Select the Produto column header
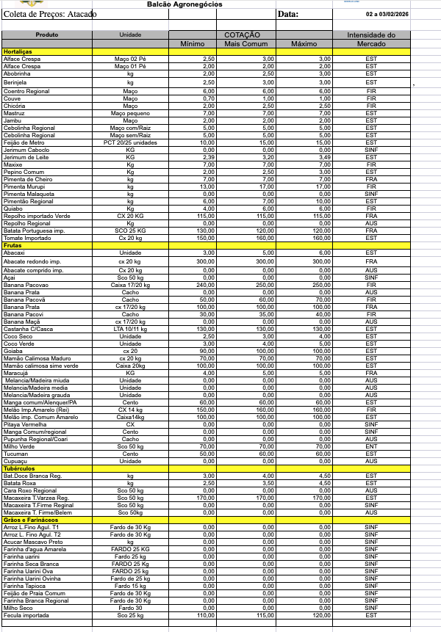[x=47, y=34]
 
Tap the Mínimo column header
[x=193, y=44]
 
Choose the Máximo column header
[x=304, y=44]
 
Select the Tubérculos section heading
[x=19, y=468]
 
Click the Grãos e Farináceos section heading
[x=31, y=520]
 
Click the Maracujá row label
[x=17, y=373]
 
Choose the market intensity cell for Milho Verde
[x=371, y=446]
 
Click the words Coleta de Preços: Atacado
[x=50, y=14]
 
